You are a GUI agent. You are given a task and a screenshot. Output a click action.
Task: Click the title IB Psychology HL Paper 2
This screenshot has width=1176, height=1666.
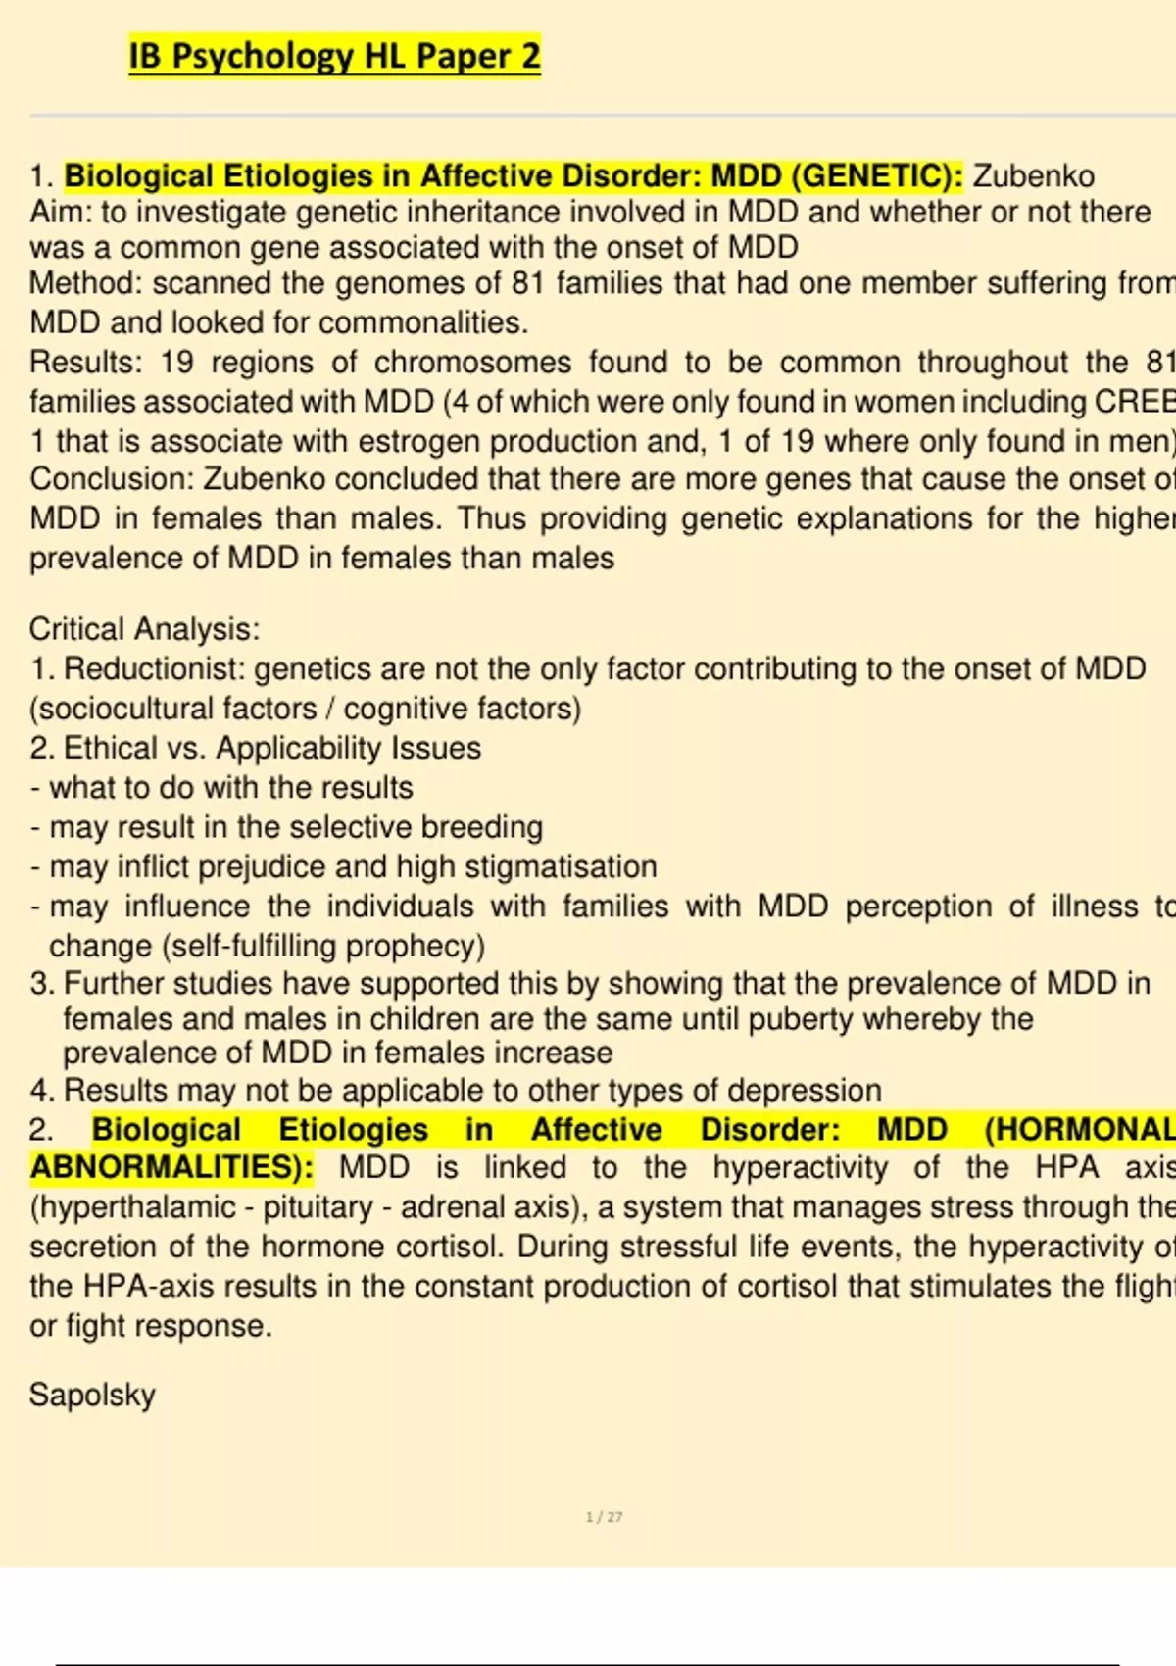pos(334,57)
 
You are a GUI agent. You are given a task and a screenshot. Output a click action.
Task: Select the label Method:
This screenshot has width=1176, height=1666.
pos(86,284)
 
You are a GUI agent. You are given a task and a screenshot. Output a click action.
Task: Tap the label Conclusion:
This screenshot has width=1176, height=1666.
pos(112,480)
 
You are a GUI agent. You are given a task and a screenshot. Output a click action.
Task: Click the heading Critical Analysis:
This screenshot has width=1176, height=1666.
pos(144,629)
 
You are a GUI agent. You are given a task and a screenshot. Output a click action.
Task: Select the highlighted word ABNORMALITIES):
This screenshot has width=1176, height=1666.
pos(171,1168)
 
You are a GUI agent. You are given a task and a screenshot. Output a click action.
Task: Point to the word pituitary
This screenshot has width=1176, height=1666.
pos(314,1207)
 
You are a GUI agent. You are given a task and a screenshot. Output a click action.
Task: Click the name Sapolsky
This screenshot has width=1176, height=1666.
pos(92,1396)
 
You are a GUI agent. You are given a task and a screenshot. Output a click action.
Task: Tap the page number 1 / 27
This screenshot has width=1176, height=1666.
pos(604,1517)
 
